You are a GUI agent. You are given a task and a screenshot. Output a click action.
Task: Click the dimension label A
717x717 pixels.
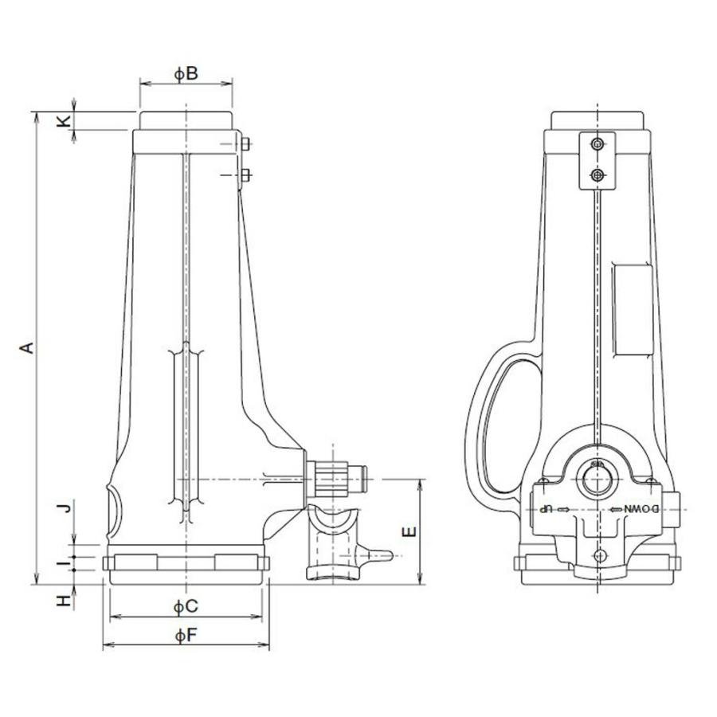pos(28,348)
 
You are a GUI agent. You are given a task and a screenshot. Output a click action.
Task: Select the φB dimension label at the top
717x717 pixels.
pos(186,74)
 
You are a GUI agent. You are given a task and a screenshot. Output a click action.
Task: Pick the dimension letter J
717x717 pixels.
pos(67,507)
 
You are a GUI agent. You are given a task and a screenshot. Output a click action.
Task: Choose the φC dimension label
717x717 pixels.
pos(186,607)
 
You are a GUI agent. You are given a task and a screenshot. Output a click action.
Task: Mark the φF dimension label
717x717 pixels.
pos(186,635)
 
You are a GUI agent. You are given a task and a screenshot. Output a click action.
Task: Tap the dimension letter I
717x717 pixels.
pos(64,563)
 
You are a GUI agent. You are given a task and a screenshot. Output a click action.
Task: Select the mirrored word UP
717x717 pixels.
pos(546,509)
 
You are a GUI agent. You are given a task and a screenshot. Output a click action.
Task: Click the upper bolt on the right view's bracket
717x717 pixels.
pos(597,144)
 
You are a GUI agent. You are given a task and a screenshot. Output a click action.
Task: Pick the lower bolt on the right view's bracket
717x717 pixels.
pos(597,175)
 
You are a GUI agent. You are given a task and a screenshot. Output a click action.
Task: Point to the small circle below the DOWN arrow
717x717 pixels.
pos(600,555)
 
